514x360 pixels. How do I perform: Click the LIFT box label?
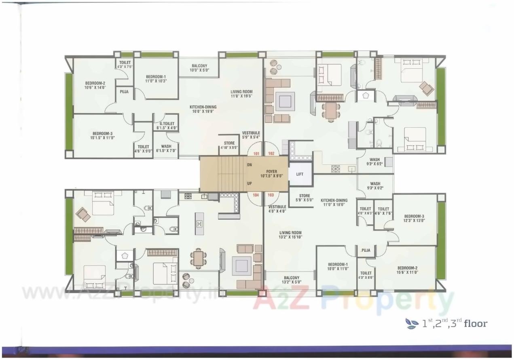[300, 174]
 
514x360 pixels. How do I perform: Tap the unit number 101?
[256, 154]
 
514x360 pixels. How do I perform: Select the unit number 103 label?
[271, 195]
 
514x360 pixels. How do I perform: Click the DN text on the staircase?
[250, 165]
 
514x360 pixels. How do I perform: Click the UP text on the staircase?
[250, 183]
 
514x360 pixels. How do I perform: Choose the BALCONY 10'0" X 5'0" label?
[199, 68]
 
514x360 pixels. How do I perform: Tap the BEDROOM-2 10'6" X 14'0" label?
[95, 85]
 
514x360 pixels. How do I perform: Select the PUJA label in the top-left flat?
[124, 92]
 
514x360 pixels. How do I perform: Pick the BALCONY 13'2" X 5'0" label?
[291, 280]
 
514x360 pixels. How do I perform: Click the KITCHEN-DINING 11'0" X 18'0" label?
[334, 202]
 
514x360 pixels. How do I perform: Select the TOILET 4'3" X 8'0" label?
[366, 275]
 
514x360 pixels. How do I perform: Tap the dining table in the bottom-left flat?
[198, 258]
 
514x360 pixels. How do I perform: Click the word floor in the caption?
[476, 323]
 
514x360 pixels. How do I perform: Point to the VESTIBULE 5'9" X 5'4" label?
[251, 135]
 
